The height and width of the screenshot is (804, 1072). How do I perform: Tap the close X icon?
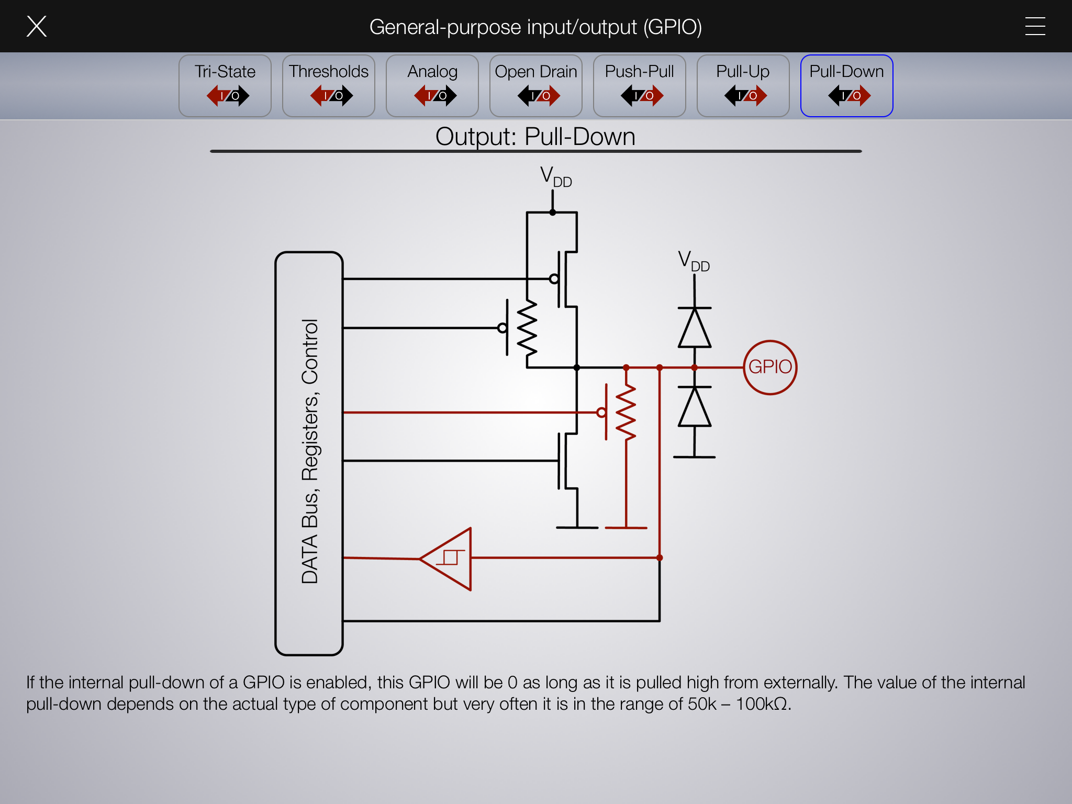[37, 26]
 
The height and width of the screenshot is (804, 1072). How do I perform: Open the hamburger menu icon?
[1035, 26]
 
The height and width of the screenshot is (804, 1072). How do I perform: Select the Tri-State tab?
[225, 86]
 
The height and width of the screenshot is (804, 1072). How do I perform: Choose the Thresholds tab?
[329, 86]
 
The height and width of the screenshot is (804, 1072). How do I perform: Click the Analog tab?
[432, 86]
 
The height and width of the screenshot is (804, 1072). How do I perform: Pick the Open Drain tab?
[536, 86]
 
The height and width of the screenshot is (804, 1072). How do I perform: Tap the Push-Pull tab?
[640, 86]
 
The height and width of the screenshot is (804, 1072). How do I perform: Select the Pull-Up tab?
[743, 86]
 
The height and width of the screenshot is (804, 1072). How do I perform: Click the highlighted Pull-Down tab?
[847, 86]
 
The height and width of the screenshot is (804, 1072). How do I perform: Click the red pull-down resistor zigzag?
[626, 412]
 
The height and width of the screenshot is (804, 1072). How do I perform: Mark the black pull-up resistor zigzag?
[527, 329]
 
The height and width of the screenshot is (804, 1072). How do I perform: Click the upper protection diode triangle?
[695, 328]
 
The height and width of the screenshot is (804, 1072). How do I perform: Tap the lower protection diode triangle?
[695, 407]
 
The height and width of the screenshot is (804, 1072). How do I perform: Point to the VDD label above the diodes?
[694, 261]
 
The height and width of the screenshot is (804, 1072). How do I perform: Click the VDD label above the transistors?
[556, 176]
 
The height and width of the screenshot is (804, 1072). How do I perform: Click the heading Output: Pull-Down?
[535, 137]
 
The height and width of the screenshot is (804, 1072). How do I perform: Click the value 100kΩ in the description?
[762, 704]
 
